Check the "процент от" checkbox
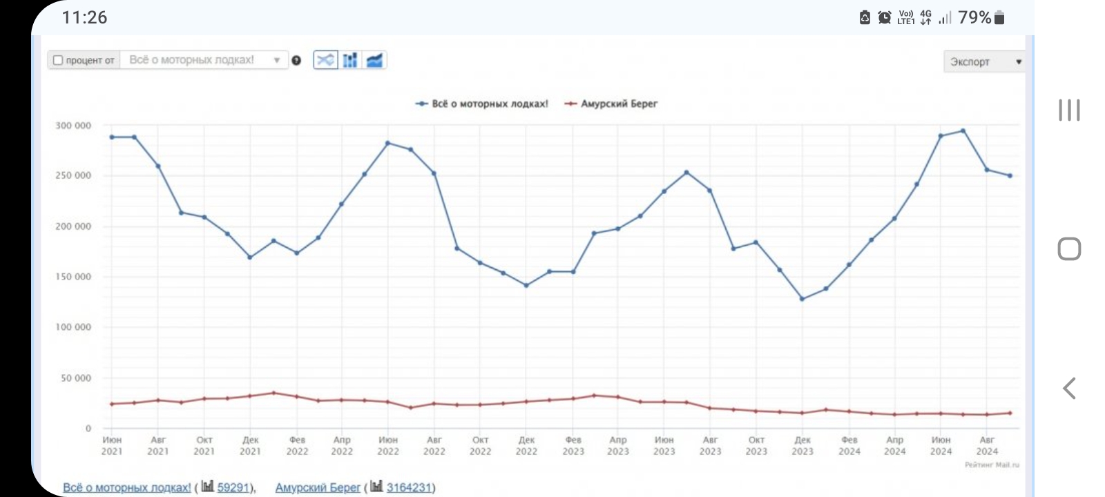coord(58,60)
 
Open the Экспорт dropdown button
coord(985,61)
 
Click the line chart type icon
coord(325,60)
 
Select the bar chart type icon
coord(350,60)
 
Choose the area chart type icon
coord(374,60)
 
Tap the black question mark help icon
coord(296,61)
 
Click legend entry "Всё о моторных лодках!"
coord(482,104)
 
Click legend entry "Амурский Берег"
coord(611,104)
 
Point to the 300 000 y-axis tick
coord(73,126)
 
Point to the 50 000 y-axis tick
coord(76,378)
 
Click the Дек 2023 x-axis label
coord(803,445)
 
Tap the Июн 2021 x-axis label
coord(112,445)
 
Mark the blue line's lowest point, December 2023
coord(803,299)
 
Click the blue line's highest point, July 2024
coord(963,130)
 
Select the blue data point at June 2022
coord(387,143)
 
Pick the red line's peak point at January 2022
coord(273,393)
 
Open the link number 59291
coord(233,487)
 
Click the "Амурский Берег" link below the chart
coord(318,487)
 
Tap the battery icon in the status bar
coord(999,18)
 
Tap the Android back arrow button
coord(1069,389)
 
